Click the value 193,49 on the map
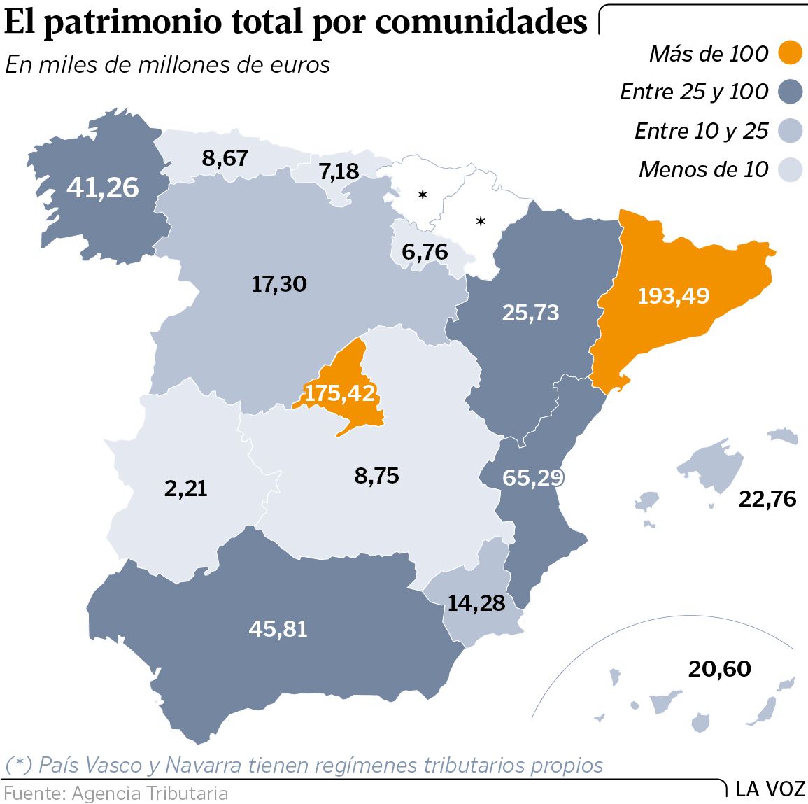pyautogui.click(x=673, y=295)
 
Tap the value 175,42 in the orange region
pyautogui.click(x=340, y=393)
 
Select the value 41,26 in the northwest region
pyautogui.click(x=103, y=188)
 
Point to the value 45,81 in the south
pyautogui.click(x=278, y=628)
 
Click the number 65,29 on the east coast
pyautogui.click(x=532, y=478)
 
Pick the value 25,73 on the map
pyautogui.click(x=530, y=312)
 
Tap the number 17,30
pyautogui.click(x=279, y=284)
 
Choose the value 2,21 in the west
pyautogui.click(x=186, y=488)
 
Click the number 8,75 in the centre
pyautogui.click(x=376, y=476)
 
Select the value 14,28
pyautogui.click(x=476, y=602)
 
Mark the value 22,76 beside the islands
pyautogui.click(x=767, y=499)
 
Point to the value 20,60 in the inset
pyautogui.click(x=719, y=669)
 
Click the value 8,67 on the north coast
pyautogui.click(x=225, y=158)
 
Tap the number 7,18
pyautogui.click(x=339, y=171)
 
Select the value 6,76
pyautogui.click(x=425, y=251)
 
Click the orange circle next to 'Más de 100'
pyautogui.click(x=791, y=53)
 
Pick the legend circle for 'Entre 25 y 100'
pyautogui.click(x=791, y=92)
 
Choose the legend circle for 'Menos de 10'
pyautogui.click(x=791, y=169)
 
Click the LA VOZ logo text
pyautogui.click(x=770, y=789)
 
